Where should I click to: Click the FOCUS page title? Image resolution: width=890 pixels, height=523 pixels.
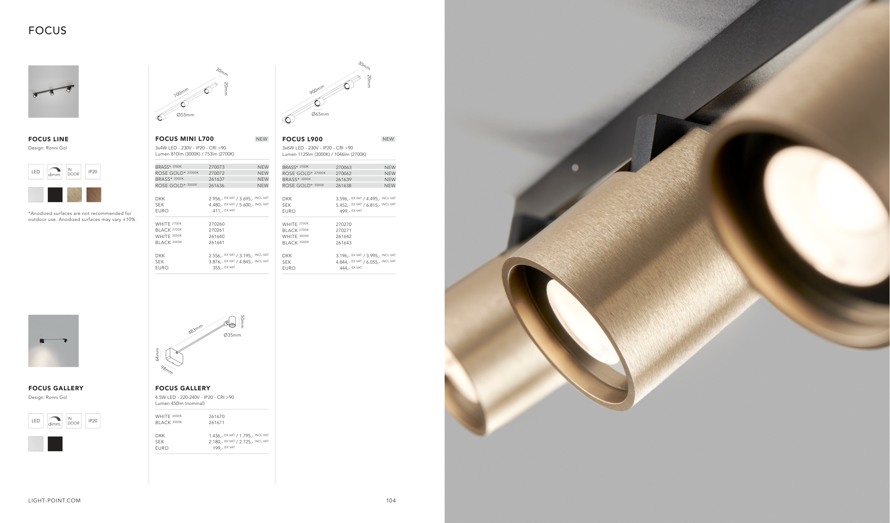pyautogui.click(x=47, y=31)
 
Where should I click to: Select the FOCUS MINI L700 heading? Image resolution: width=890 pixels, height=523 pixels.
pyautogui.click(x=184, y=139)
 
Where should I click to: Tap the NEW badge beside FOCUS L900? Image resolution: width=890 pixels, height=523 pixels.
pyautogui.click(x=388, y=139)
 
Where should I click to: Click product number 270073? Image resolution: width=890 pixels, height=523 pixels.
pyautogui.click(x=216, y=167)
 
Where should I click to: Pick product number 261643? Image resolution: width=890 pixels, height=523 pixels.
pyautogui.click(x=344, y=243)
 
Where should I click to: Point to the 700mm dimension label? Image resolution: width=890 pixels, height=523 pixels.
pyautogui.click(x=181, y=93)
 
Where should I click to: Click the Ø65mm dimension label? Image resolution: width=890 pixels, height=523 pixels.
pyautogui.click(x=320, y=114)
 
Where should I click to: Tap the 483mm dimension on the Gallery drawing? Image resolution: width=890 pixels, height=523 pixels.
pyautogui.click(x=195, y=329)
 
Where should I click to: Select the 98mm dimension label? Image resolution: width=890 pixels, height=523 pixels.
pyautogui.click(x=167, y=370)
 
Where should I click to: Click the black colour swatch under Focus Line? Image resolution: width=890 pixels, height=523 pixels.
pyautogui.click(x=55, y=195)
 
